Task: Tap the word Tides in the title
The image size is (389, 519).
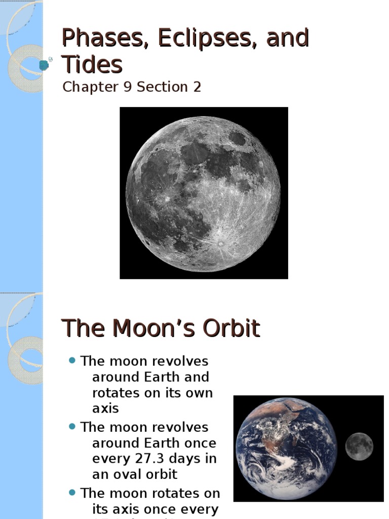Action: coord(92,64)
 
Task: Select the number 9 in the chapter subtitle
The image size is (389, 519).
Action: coord(127,87)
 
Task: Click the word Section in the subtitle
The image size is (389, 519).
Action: coord(162,87)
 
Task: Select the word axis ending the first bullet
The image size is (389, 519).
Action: coord(105,409)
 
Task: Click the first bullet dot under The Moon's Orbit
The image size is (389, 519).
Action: coord(72,361)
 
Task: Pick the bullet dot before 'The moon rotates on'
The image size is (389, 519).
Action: coord(72,493)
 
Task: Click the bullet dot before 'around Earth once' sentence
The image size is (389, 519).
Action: coord(72,427)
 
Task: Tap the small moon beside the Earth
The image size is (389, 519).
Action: coord(359,447)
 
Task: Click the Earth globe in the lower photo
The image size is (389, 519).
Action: coord(286,449)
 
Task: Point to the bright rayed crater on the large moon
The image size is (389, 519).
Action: coord(221,244)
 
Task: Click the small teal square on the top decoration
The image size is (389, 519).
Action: coord(44,64)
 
